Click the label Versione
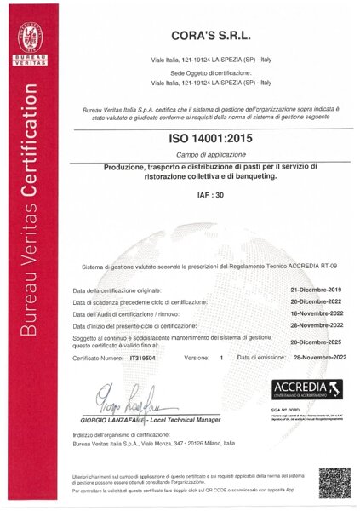click(x=198, y=358)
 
